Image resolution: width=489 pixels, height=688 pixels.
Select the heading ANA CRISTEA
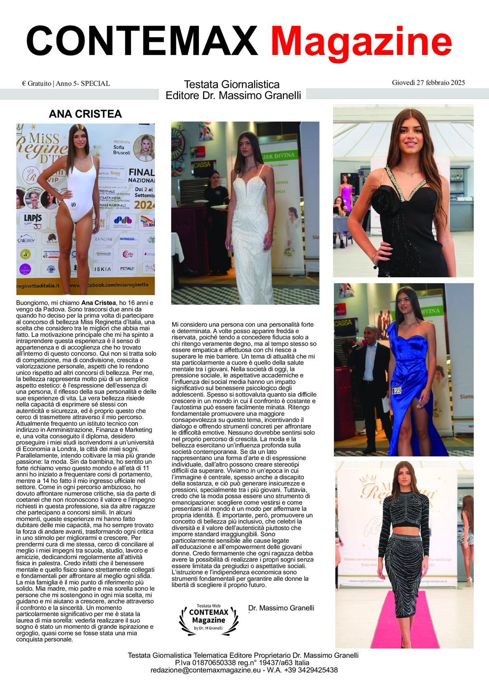pyautogui.click(x=85, y=114)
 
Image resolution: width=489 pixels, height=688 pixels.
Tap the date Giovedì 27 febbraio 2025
pyautogui.click(x=428, y=83)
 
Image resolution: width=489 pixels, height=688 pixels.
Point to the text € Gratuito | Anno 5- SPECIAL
pyautogui.click(x=66, y=83)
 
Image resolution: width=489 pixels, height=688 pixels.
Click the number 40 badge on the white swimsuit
pyautogui.click(x=73, y=205)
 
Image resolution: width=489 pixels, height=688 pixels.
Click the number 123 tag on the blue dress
pyautogui.click(x=397, y=391)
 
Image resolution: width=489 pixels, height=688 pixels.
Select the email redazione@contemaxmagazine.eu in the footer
pyautogui.click(x=205, y=670)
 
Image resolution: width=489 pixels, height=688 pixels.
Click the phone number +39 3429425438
pyautogui.click(x=311, y=670)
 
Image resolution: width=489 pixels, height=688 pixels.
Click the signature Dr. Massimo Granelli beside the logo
pyautogui.click(x=281, y=608)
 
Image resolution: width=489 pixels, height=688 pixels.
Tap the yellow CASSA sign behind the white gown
pyautogui.click(x=202, y=165)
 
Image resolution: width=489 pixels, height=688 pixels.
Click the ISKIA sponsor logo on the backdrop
pyautogui.click(x=102, y=269)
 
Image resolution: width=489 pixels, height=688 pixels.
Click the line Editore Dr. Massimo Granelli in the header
pyautogui.click(x=233, y=96)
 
